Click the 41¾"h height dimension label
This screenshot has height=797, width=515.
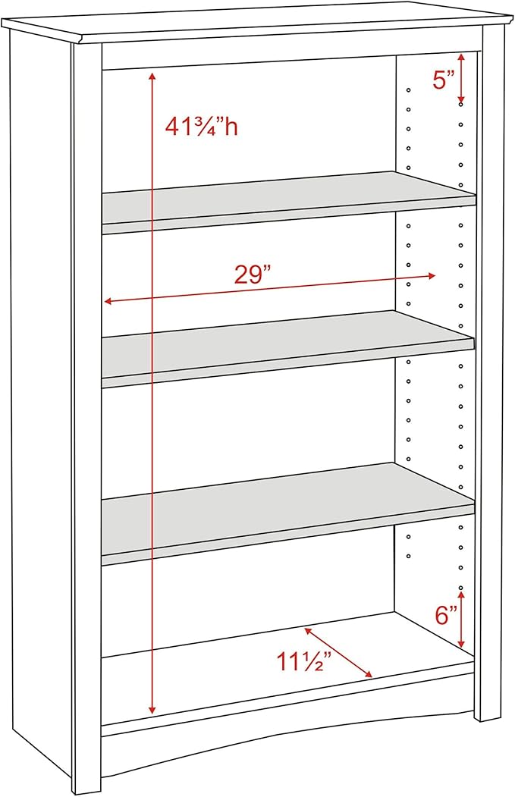[x=201, y=127]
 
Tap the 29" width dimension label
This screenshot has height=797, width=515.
[x=253, y=275]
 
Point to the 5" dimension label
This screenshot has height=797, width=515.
[x=444, y=80]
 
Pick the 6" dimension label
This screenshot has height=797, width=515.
[x=447, y=615]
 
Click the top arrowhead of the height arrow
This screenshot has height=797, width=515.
[x=152, y=77]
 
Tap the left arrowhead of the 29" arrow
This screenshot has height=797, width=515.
[x=108, y=301]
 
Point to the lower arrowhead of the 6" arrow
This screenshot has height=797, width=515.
[x=460, y=644]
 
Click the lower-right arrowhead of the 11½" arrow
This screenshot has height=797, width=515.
[x=369, y=674]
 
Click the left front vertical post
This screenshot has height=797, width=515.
[x=86, y=409]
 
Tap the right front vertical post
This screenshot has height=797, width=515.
[x=489, y=379]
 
